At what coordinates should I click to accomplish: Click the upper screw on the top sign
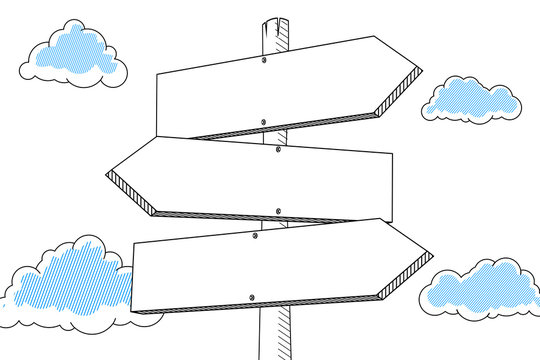click(264, 60)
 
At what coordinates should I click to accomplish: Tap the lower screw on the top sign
click(263, 123)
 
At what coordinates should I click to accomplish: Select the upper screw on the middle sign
click(278, 149)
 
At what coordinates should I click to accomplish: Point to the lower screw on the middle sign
click(277, 212)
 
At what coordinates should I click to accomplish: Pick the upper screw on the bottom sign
click(256, 236)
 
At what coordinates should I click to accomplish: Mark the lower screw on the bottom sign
click(252, 297)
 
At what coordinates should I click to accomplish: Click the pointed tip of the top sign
click(421, 72)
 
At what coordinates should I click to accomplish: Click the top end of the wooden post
click(276, 19)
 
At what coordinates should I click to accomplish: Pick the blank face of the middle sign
click(260, 180)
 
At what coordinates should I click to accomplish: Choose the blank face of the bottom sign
click(270, 265)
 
